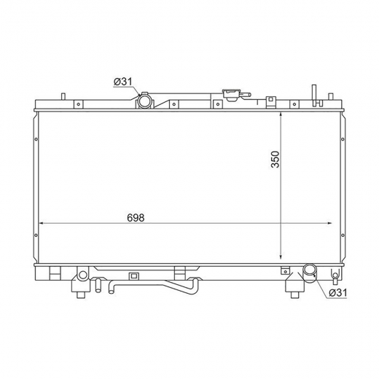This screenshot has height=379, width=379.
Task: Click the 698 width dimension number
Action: [x=136, y=218]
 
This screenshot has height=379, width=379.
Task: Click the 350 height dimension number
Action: [x=276, y=160]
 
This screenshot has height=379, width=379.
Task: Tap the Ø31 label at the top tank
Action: [x=123, y=82]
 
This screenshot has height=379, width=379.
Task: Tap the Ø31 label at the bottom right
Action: [x=338, y=293]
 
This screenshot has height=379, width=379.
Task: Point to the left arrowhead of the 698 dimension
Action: [x=41, y=223]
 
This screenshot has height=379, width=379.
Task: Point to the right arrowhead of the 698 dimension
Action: [x=329, y=223]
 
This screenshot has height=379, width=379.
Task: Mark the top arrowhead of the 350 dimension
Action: [x=281, y=114]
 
